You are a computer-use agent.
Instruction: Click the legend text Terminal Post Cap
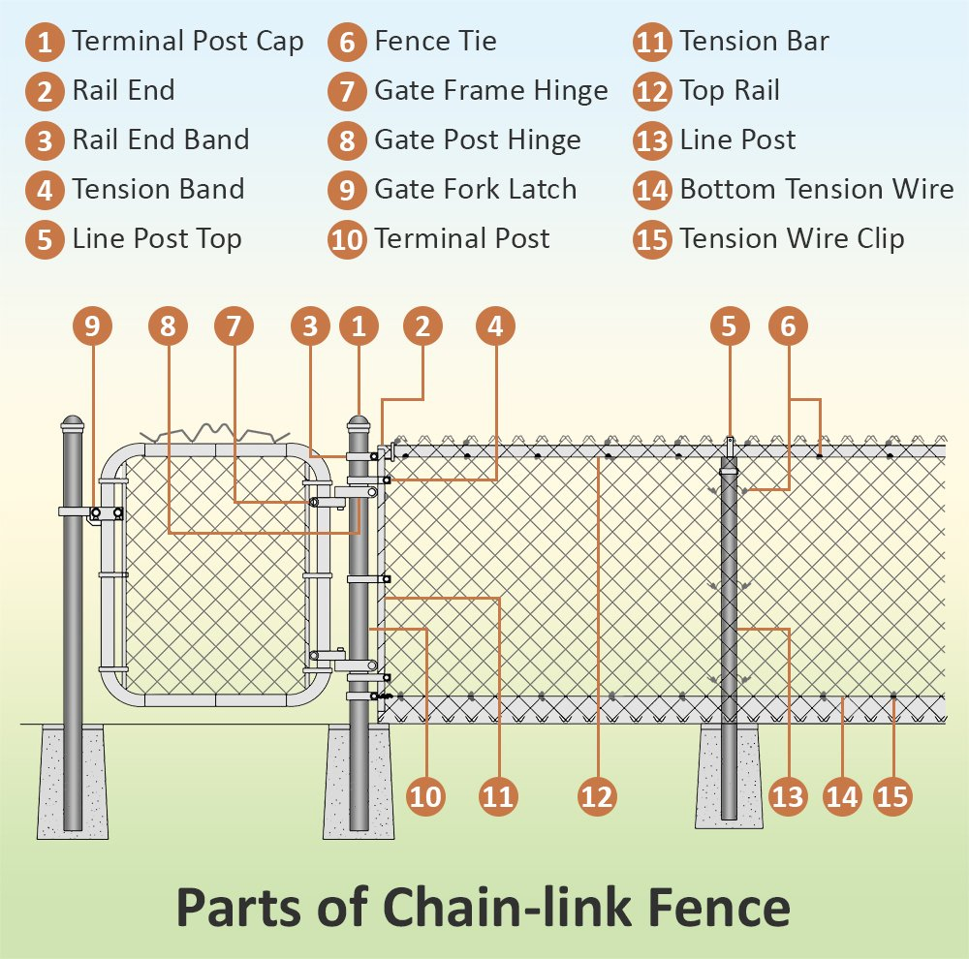click(188, 42)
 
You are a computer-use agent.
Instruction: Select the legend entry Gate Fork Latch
click(475, 189)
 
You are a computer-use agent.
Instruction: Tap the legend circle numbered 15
click(652, 239)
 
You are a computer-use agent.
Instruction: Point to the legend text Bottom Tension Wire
click(816, 189)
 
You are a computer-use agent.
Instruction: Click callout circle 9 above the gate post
click(92, 327)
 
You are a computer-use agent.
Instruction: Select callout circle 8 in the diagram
click(168, 327)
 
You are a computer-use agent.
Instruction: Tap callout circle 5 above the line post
click(729, 327)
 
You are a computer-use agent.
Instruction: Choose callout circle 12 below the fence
click(598, 796)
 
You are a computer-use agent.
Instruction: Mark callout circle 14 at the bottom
click(842, 796)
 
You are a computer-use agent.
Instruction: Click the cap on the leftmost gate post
click(73, 424)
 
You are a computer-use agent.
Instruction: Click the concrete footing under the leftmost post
click(73, 785)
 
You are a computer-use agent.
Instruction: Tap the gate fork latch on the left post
click(105, 513)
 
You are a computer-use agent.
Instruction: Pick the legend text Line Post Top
click(157, 239)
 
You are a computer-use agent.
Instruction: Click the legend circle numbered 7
click(346, 92)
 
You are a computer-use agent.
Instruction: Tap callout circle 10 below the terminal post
click(425, 796)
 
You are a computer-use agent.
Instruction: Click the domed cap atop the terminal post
click(359, 424)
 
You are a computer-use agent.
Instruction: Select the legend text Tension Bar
click(754, 42)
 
